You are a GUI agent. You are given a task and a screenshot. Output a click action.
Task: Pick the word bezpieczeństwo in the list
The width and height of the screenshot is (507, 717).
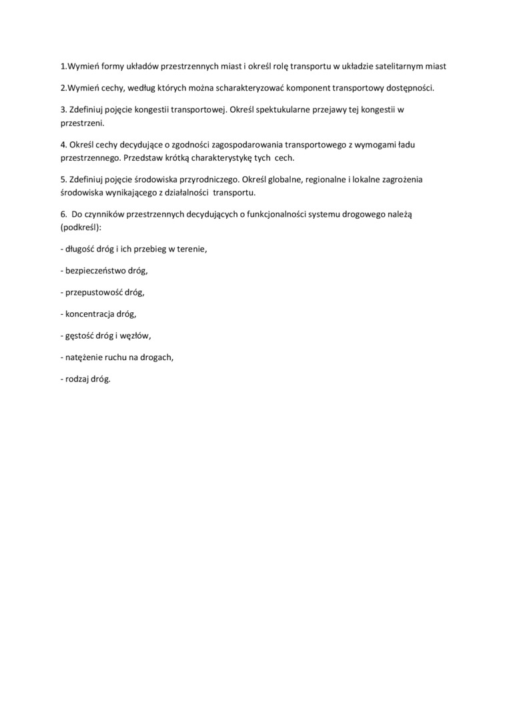pos(95,271)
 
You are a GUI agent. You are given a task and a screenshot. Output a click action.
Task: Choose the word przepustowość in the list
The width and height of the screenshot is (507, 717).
pos(94,292)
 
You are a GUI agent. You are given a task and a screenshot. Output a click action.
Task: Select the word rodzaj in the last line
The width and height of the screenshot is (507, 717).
pos(77,379)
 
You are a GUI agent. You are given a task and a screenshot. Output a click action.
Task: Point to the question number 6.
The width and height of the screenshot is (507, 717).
pos(63,214)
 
